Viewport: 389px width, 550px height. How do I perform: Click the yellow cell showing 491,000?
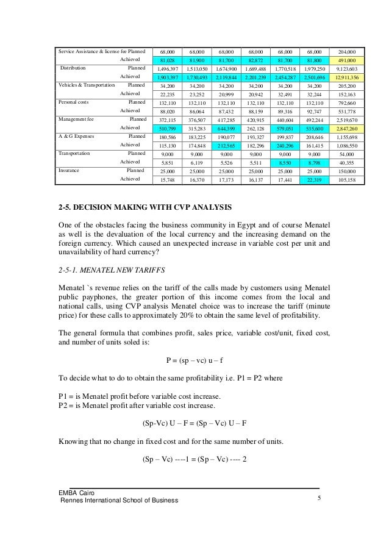(x=351, y=60)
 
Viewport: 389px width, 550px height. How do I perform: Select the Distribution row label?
(x=73, y=69)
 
